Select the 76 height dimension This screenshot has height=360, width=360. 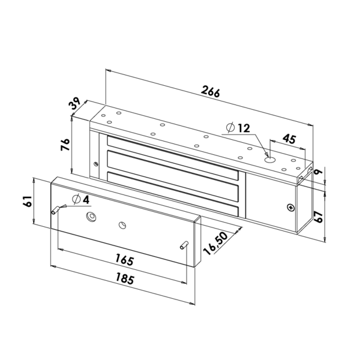tap(66, 145)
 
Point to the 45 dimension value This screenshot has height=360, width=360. tap(289, 139)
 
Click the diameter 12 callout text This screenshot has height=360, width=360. tap(238, 128)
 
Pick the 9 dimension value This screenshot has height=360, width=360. tap(320, 173)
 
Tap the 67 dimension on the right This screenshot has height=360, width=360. tap(320, 217)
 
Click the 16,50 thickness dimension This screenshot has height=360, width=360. tap(215, 243)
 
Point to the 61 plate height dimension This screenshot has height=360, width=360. tap(27, 201)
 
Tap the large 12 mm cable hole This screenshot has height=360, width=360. tap(269, 160)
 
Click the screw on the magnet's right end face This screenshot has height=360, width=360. tap(291, 208)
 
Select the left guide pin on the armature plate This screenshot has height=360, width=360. tap(56, 209)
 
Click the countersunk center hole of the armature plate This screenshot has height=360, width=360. tap(91, 216)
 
